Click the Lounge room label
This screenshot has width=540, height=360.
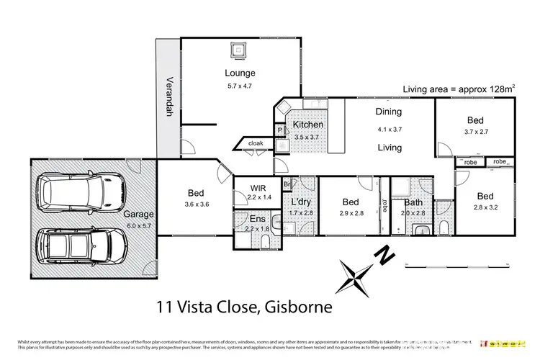[x=240, y=73]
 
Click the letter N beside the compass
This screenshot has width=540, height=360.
[x=387, y=253]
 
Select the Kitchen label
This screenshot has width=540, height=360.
[x=308, y=125]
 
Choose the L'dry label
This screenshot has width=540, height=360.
[x=301, y=202]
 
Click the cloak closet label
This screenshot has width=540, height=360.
[x=256, y=143]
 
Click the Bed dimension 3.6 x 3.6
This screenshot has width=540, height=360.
[x=195, y=204]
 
